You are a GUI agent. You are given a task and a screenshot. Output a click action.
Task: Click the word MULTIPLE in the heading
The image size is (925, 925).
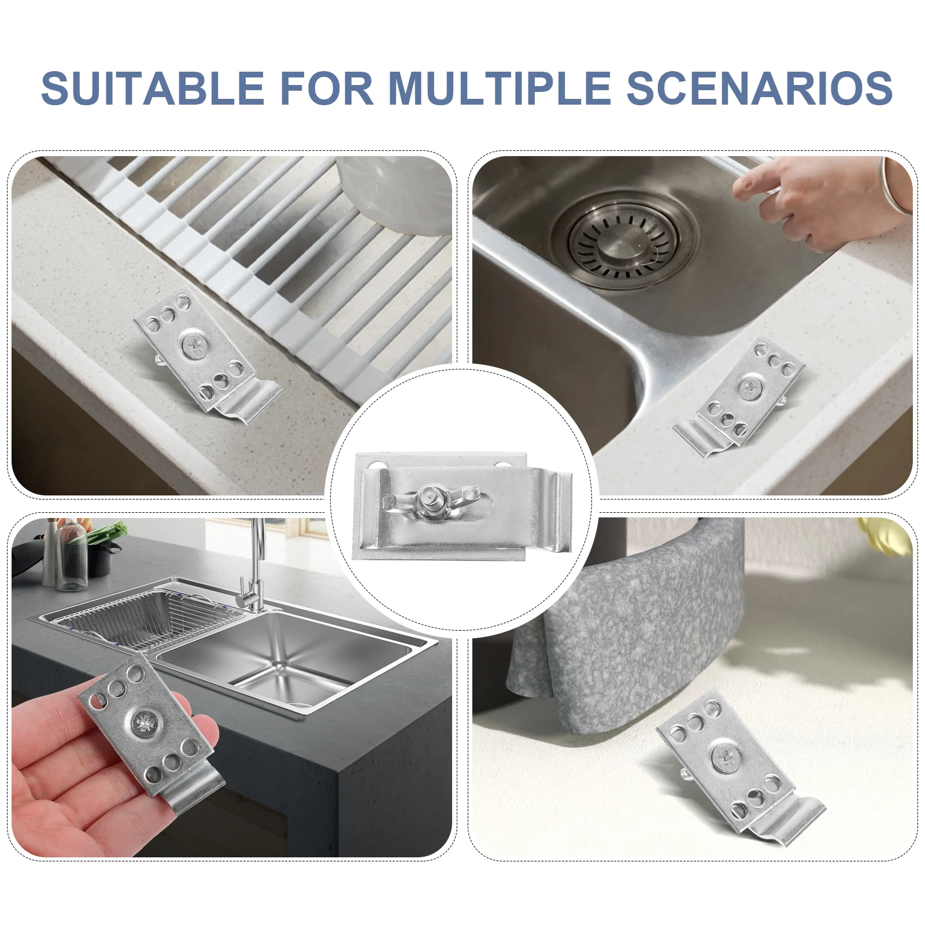499,88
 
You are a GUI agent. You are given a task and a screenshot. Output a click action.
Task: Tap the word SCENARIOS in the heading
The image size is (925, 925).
760,88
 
